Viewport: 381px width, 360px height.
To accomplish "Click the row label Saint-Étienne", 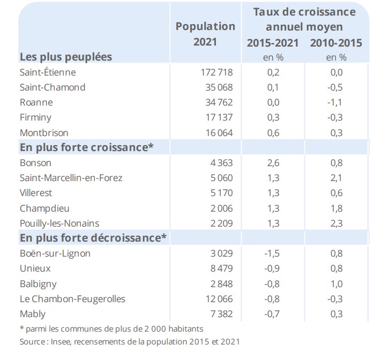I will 48,72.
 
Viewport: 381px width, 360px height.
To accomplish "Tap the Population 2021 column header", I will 205,34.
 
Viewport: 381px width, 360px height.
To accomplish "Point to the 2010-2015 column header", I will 336,43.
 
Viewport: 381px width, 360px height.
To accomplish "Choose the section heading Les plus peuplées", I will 66,56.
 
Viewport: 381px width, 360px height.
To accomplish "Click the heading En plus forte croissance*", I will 87,147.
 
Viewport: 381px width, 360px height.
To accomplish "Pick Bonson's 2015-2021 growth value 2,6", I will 273,163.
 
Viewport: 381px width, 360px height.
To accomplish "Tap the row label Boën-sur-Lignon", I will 55,253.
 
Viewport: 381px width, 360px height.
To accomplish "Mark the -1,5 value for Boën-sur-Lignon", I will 273,253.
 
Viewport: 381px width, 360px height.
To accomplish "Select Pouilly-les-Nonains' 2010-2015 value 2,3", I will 336,223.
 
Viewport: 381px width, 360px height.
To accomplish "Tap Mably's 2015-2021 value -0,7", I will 273,314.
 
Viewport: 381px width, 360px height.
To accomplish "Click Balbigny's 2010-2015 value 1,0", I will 336,284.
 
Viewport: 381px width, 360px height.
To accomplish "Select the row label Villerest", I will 36,193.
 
